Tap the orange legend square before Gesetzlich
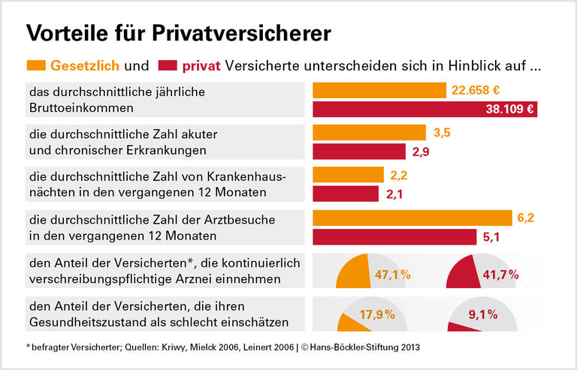pos(37,65)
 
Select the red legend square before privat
pos(168,65)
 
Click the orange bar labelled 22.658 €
pos(379,90)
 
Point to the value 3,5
pos(443,133)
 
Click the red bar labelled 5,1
pos(394,237)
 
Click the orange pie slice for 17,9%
pos(347,323)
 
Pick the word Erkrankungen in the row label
pos(168,151)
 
